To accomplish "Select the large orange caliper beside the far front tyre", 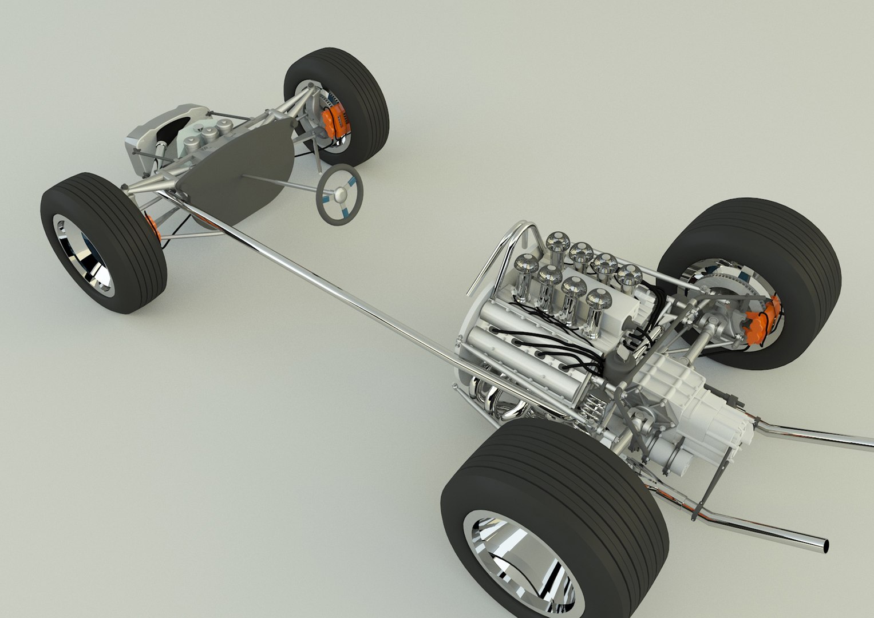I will [333, 122].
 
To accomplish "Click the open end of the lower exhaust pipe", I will [825, 545].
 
